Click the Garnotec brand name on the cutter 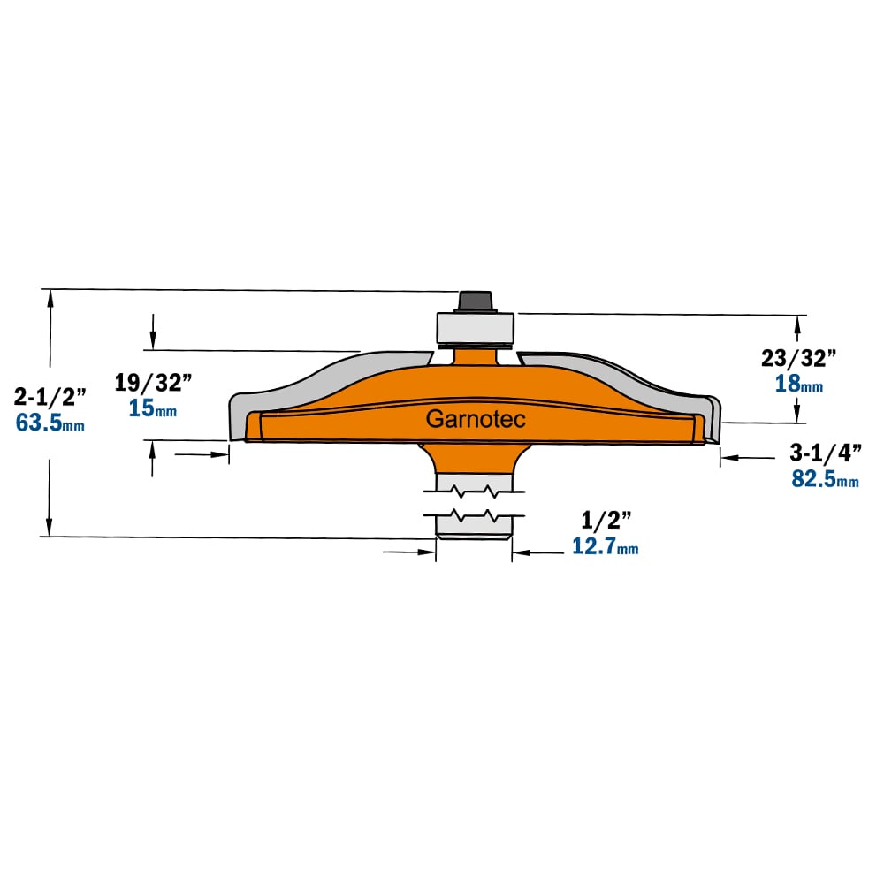point(476,419)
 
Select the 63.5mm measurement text point(50,423)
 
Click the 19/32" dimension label point(153,382)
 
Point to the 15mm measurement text point(153,408)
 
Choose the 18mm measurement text point(799,384)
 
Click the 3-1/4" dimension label point(826,453)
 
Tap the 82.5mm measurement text point(826,478)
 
